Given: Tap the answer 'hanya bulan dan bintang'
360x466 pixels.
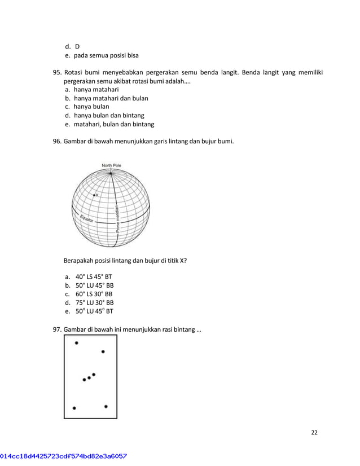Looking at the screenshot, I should point(109,116).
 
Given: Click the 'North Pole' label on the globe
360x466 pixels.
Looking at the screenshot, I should point(111,165).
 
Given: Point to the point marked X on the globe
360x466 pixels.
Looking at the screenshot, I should point(94,195).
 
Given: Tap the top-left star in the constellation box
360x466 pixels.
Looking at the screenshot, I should point(77,342).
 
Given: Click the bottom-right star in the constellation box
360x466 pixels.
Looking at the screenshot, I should point(106,406).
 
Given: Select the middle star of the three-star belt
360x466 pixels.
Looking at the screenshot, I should point(89,377).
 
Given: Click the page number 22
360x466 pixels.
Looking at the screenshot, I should point(314,433).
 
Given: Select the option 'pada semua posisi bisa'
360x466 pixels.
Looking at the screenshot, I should point(106,55).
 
